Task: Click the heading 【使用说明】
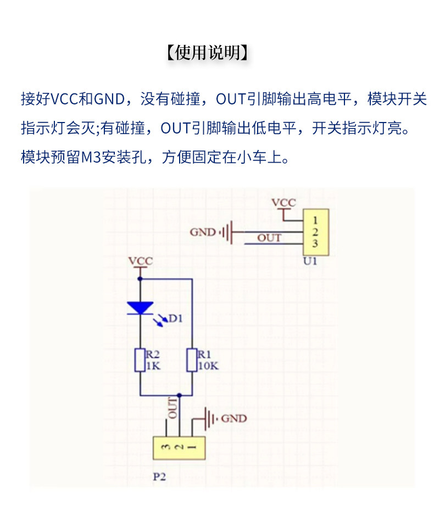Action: [208, 52]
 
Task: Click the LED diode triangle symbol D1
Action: [140, 308]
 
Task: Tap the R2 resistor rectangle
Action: [140, 360]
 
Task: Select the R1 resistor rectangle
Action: [192, 360]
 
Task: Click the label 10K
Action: [208, 366]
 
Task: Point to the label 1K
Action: [153, 366]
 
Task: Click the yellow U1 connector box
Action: [316, 232]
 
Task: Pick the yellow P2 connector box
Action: [179, 448]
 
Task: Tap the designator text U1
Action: [310, 261]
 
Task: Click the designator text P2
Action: [159, 476]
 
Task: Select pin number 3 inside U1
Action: [315, 243]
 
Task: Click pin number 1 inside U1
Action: [315, 220]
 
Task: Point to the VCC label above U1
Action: [283, 203]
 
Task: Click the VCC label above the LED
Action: [141, 261]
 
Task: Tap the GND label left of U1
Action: [203, 232]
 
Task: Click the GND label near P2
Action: [234, 418]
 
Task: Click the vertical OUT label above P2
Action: [173, 408]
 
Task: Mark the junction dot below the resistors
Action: [179, 395]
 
